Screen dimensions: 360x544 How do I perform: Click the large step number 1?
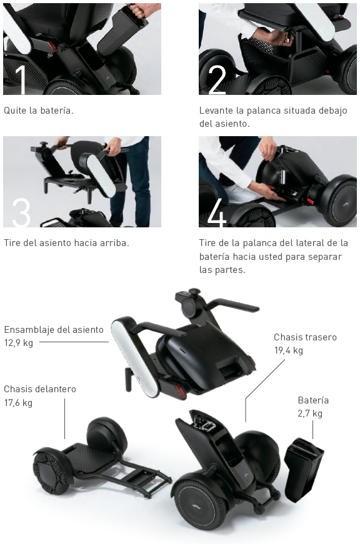point(21,80)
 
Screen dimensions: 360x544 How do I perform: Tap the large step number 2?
point(217,80)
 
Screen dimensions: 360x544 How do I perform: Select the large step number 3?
point(21,212)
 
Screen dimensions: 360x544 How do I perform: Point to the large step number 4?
point(217,213)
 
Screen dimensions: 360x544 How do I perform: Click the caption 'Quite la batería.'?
point(39,111)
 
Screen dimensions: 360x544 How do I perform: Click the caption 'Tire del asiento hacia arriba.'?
point(66,243)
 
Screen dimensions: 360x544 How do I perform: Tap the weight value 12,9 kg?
point(19,343)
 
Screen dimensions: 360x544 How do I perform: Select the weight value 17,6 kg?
point(18,403)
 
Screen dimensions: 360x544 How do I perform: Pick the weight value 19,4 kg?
point(289,350)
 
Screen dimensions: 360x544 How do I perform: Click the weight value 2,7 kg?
point(310,413)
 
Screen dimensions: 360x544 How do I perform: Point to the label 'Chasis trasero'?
point(305,337)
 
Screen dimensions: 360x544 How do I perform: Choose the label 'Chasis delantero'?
point(40,389)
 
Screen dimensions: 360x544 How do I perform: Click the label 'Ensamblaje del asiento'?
point(54,330)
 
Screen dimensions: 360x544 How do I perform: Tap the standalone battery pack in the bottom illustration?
point(303,468)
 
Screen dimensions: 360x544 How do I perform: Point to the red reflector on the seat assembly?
point(180,392)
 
